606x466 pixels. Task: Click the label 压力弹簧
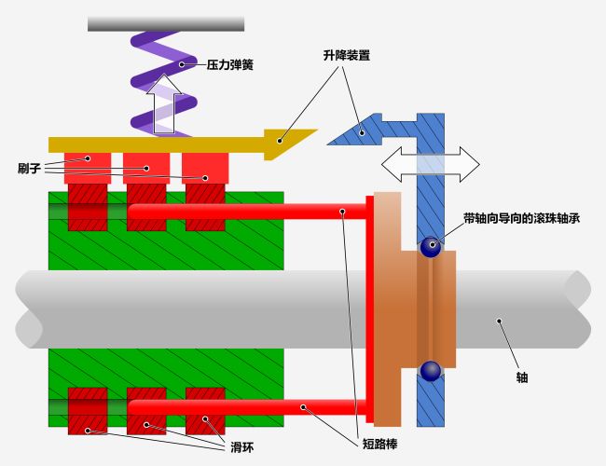[230, 65]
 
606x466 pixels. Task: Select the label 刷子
[29, 169]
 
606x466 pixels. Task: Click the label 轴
[522, 377]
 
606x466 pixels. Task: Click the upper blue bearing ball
[430, 247]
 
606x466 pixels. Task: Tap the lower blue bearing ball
[430, 371]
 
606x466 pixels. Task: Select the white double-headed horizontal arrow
[430, 163]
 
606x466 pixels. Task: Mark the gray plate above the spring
[166, 23]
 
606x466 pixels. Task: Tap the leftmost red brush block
[88, 168]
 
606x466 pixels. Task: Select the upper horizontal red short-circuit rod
[242, 212]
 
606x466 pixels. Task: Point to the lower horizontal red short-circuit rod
[242, 407]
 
